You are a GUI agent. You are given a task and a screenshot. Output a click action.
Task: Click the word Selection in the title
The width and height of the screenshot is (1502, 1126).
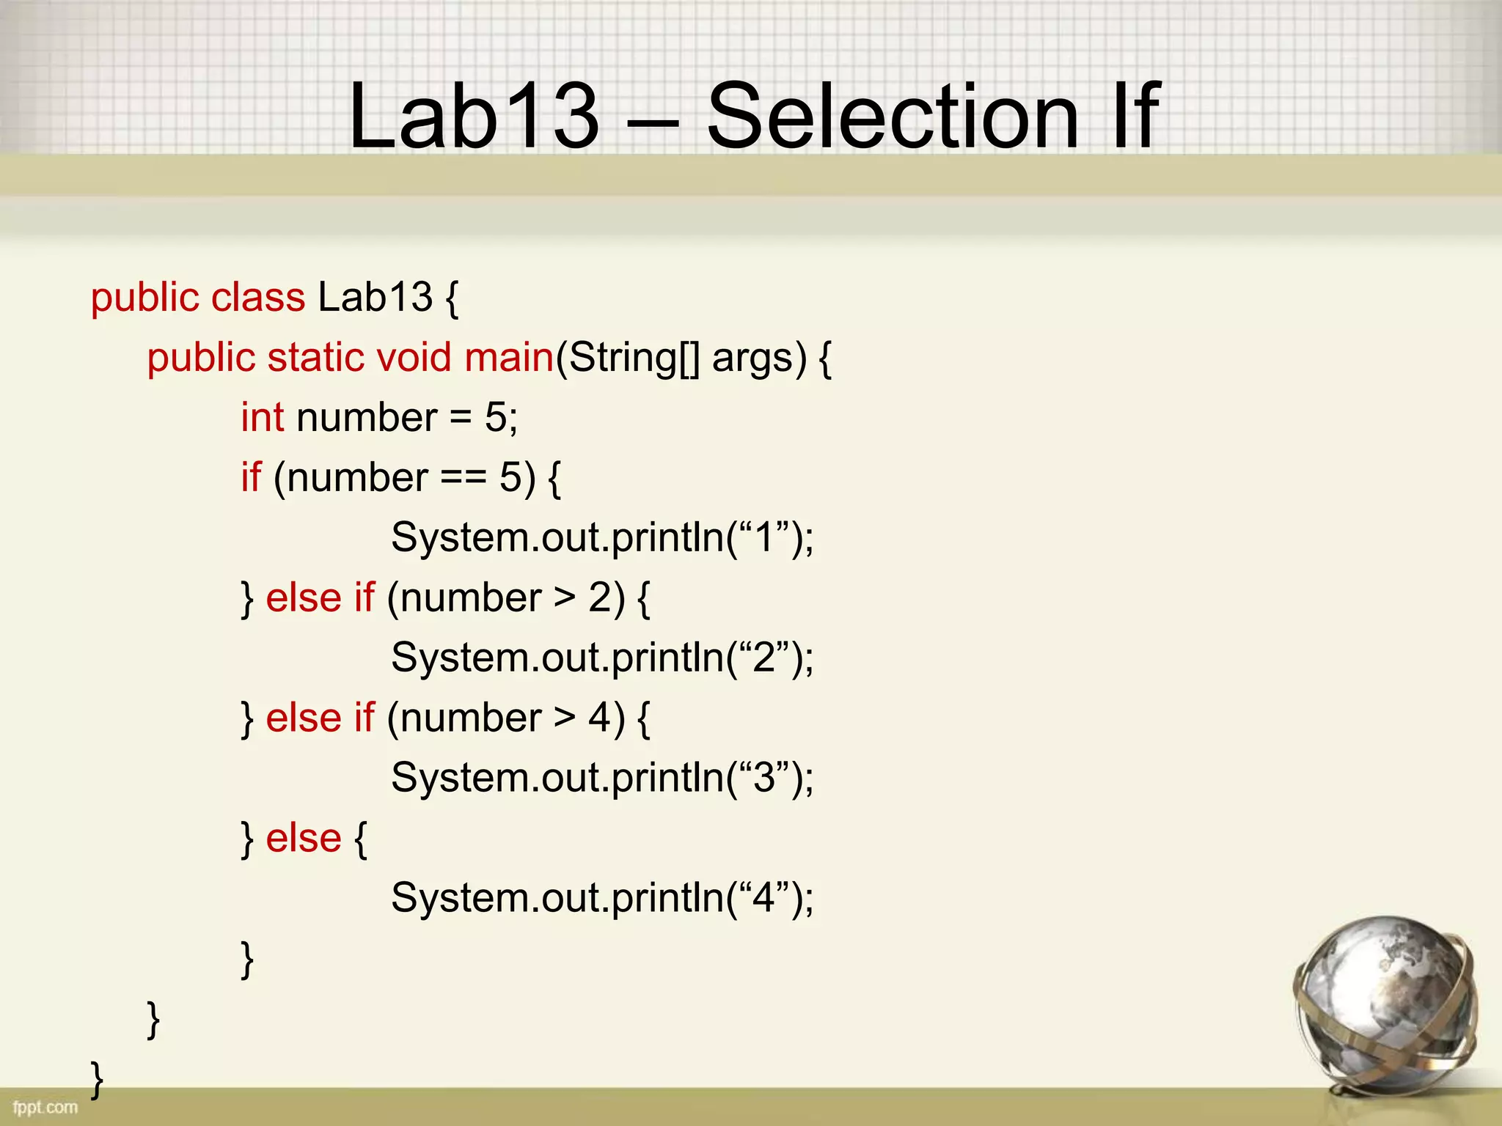892,116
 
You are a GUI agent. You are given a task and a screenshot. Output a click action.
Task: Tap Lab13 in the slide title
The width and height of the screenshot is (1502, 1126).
474,116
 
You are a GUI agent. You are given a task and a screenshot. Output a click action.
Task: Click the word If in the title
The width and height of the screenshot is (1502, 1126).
1134,116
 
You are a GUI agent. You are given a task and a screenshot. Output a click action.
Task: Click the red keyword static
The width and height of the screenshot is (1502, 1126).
315,358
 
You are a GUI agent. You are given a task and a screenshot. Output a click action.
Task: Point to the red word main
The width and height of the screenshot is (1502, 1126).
508,358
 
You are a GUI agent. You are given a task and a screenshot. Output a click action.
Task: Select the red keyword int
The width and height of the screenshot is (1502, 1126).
262,418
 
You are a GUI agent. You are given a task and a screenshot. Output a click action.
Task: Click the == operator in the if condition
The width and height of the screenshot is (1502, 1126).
464,478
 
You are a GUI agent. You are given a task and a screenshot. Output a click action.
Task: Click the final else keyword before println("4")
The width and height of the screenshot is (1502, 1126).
303,838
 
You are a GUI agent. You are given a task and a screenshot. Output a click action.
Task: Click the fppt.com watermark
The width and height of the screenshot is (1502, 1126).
45,1107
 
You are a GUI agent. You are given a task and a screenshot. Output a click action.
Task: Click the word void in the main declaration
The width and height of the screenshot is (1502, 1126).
414,358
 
